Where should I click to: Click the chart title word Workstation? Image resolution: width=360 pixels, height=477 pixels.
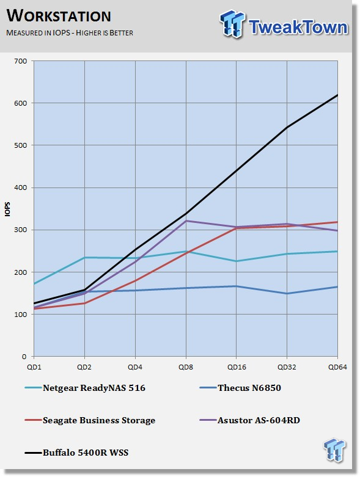click(59, 16)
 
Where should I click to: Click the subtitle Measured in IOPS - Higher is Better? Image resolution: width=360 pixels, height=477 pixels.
click(70, 33)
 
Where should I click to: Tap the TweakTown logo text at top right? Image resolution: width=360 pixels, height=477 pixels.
click(298, 27)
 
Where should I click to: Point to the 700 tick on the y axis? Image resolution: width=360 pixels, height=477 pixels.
click(20, 61)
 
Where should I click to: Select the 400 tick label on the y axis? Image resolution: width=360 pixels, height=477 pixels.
click(20, 188)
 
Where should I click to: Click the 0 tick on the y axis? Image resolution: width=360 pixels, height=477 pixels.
click(24, 357)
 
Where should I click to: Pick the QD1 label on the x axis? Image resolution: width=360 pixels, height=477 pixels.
click(34, 367)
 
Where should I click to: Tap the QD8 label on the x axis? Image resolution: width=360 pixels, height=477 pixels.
click(186, 367)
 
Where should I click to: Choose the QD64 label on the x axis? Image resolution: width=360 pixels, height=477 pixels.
click(337, 367)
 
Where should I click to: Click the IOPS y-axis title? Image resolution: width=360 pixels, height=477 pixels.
click(7, 209)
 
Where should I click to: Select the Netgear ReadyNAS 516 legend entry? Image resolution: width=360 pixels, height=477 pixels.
click(85, 388)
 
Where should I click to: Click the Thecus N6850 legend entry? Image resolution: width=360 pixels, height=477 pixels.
click(240, 388)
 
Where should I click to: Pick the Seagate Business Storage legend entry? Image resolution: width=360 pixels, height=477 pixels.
click(90, 420)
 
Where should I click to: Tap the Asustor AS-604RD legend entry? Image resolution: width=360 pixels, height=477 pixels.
click(250, 420)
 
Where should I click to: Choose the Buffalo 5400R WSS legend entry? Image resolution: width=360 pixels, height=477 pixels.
click(76, 453)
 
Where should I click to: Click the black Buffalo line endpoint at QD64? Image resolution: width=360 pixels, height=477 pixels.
click(337, 95)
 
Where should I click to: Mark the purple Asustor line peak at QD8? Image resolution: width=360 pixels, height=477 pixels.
click(186, 220)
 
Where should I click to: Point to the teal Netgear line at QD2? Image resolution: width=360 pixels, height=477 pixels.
click(84, 257)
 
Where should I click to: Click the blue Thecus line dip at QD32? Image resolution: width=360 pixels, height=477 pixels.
click(287, 294)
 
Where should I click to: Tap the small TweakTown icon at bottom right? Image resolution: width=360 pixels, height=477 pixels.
click(335, 450)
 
